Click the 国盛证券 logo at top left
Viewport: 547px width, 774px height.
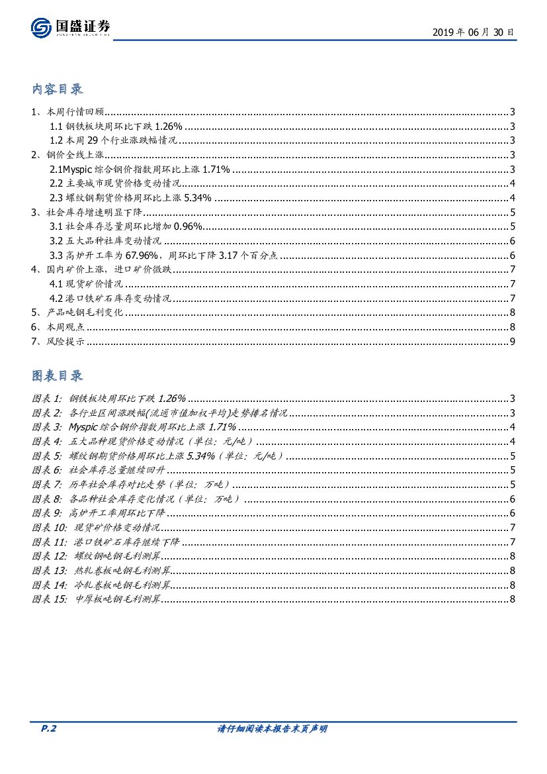(x=70, y=28)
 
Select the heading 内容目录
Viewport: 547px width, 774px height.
(x=58, y=89)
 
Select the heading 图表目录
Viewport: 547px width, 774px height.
(x=58, y=375)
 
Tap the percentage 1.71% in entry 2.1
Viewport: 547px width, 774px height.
(x=216, y=169)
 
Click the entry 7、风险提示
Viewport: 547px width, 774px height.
(x=58, y=341)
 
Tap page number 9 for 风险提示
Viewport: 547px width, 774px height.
(x=512, y=341)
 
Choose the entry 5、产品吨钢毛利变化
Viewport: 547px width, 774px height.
(x=77, y=313)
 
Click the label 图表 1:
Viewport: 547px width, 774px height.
(x=46, y=398)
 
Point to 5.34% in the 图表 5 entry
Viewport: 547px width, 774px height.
(x=202, y=456)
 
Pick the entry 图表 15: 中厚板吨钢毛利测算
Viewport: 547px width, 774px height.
(x=96, y=599)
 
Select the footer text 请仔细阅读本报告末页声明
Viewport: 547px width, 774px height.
(x=273, y=729)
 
